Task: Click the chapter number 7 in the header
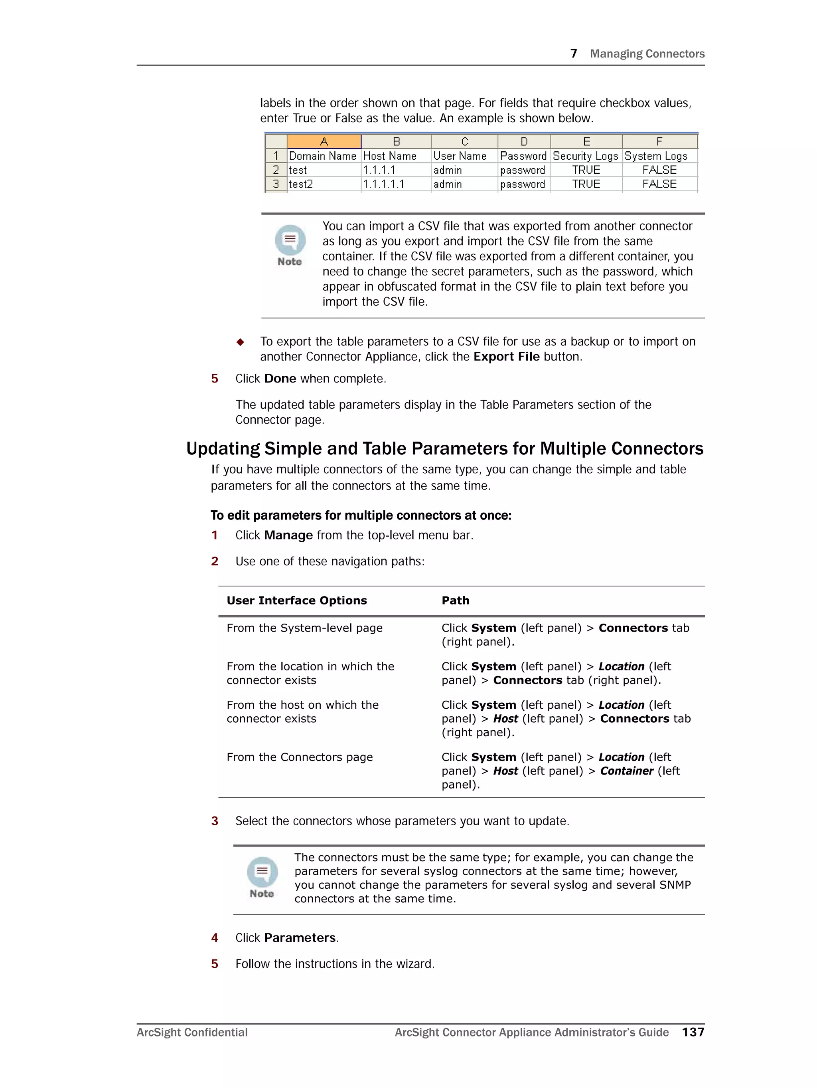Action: coord(573,54)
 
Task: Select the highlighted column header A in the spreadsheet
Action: coord(324,142)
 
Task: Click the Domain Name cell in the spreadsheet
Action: coord(322,156)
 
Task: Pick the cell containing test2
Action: coord(301,184)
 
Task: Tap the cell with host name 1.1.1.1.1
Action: coord(383,184)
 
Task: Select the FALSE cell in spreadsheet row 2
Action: coord(659,170)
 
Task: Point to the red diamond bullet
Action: coord(240,342)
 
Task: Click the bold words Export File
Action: coord(506,357)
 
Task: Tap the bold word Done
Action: coord(280,379)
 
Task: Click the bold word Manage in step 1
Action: coord(288,535)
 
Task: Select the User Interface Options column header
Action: coord(296,600)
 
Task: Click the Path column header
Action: coord(455,600)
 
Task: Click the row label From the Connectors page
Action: coord(299,757)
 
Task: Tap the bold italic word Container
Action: coord(626,771)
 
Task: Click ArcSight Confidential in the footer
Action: coord(192,1033)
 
